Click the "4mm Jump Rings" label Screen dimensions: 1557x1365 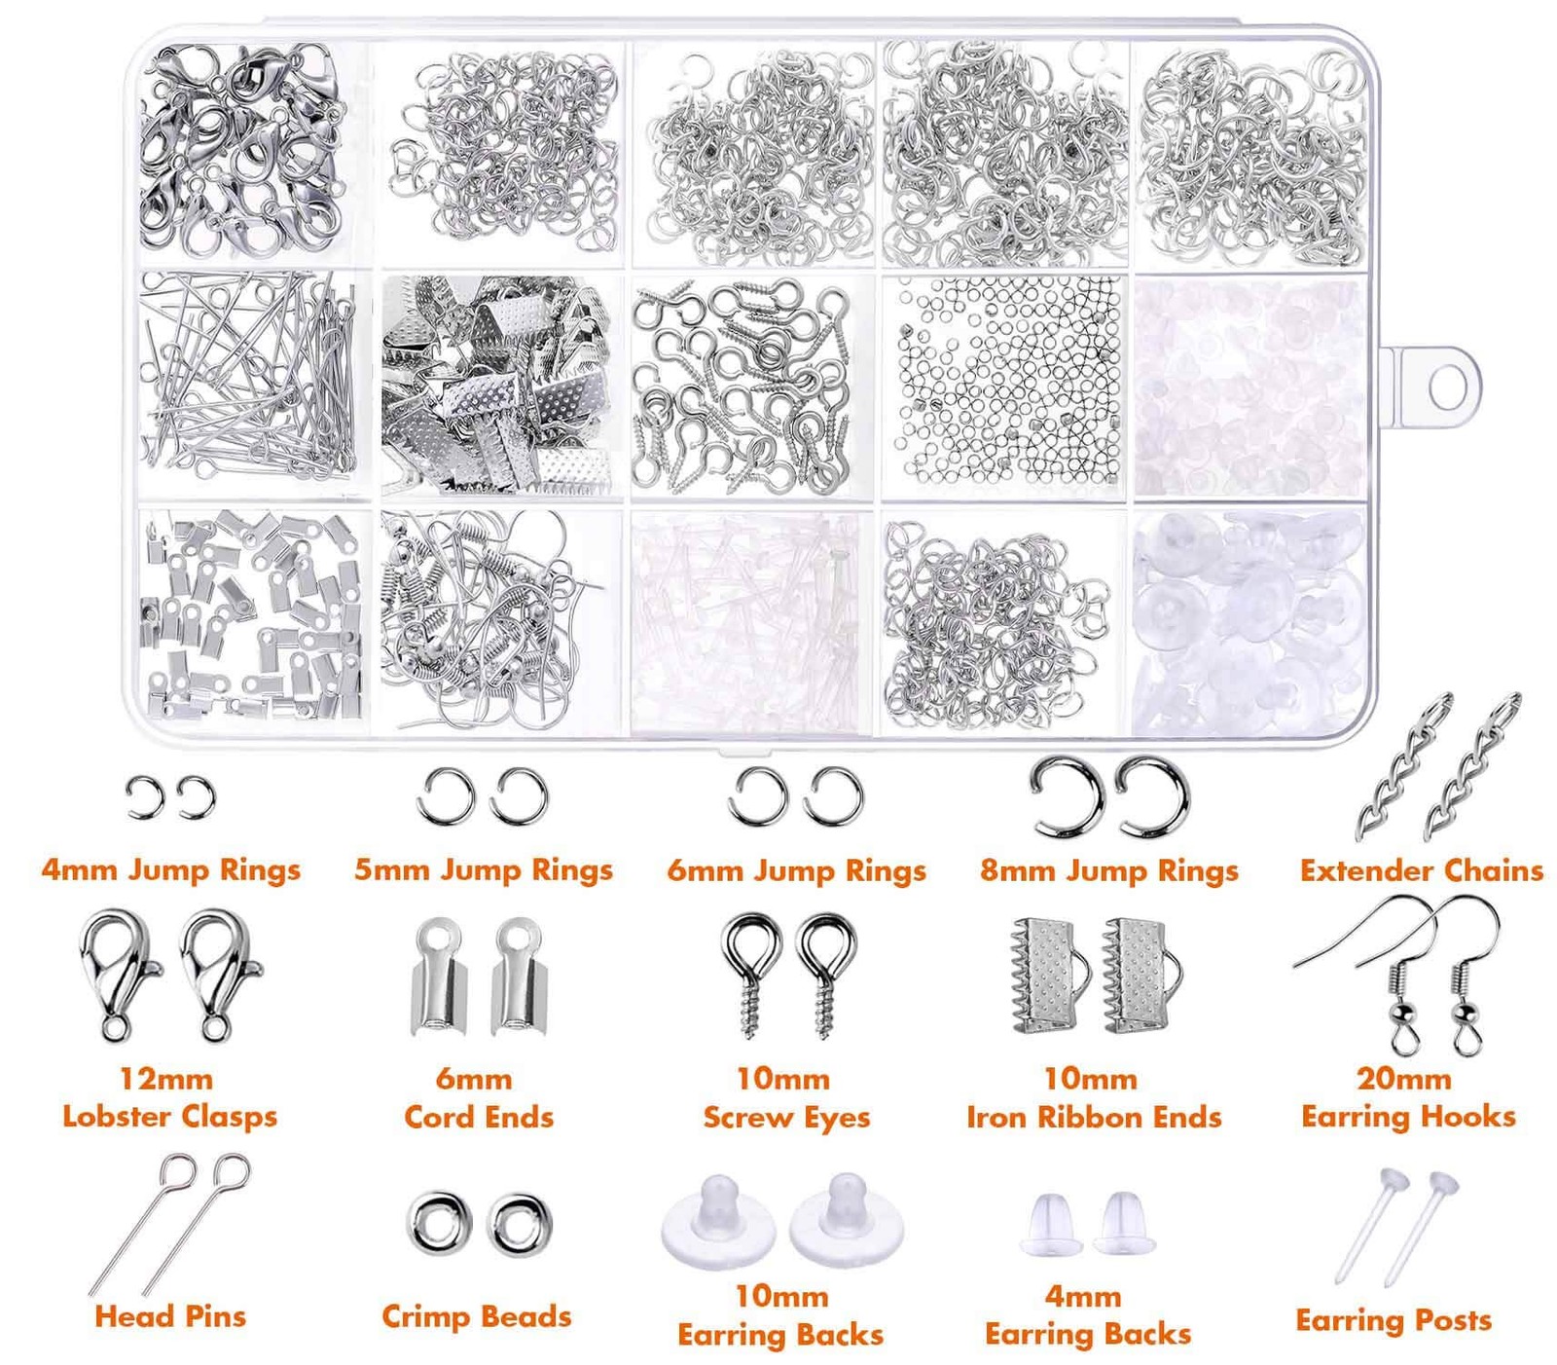pyautogui.click(x=170, y=869)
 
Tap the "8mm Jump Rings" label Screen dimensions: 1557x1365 pyautogui.click(x=1109, y=869)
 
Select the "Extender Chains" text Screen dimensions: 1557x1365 pyautogui.click(x=1422, y=869)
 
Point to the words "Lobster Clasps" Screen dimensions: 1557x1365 pyautogui.click(x=170, y=1116)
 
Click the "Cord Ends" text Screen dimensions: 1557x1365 pyautogui.click(x=479, y=1117)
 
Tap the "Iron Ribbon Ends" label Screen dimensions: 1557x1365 pyautogui.click(x=1094, y=1117)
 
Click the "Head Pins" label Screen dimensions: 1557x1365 pyautogui.click(x=170, y=1316)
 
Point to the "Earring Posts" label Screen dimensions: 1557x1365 pyautogui.click(x=1394, y=1320)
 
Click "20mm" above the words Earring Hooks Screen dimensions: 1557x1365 pyautogui.click(x=1404, y=1079)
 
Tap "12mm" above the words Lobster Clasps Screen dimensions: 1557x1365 pyautogui.click(x=166, y=1079)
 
